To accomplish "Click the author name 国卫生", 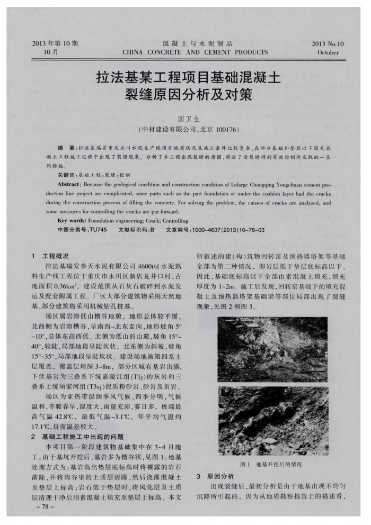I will coord(185,117).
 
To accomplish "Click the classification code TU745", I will coord(98,230).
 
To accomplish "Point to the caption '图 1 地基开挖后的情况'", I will coord(271,464).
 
